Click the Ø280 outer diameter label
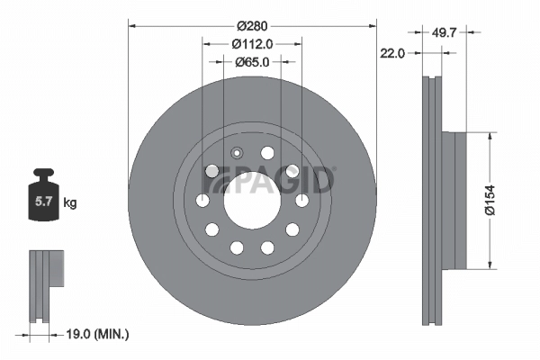[x=252, y=25]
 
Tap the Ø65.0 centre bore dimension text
[x=252, y=62]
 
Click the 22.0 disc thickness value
[x=391, y=53]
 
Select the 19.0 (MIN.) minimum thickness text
[x=98, y=334]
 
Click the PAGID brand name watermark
[x=270, y=183]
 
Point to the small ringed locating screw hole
[x=238, y=153]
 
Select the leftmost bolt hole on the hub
[x=205, y=200]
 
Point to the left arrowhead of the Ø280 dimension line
[x=134, y=25]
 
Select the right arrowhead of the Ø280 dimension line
[x=370, y=25]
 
